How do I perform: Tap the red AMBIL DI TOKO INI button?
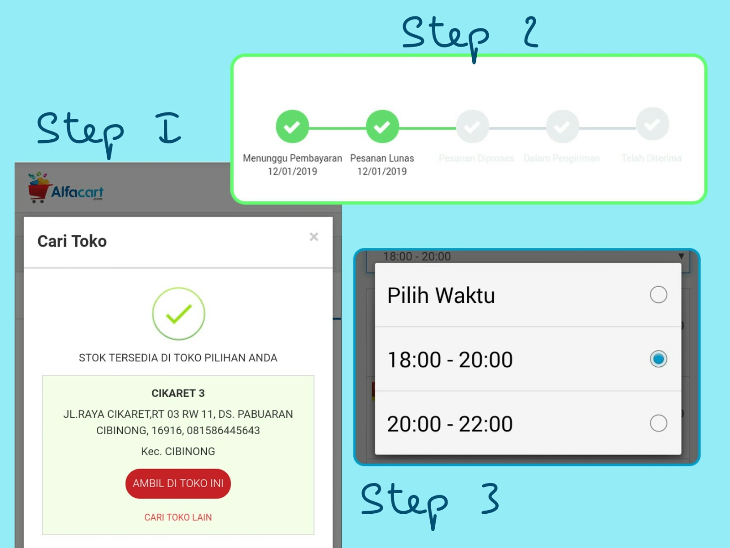tap(178, 483)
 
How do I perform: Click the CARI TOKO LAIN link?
tap(178, 517)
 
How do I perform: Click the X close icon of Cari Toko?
tap(314, 237)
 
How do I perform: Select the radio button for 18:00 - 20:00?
tap(658, 359)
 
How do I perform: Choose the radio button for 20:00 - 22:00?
tap(658, 423)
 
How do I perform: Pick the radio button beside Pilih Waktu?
tap(658, 295)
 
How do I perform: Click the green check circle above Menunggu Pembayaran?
tap(292, 126)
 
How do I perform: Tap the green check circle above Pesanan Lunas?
tap(382, 126)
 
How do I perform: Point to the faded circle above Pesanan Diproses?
tap(472, 126)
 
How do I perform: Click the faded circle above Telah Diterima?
tap(652, 124)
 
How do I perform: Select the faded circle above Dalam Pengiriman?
tap(563, 126)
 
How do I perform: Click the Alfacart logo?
tap(66, 188)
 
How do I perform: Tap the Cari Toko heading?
tap(72, 241)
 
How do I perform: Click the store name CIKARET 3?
tap(178, 393)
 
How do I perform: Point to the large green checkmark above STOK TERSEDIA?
tap(178, 314)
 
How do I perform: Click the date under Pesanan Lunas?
tap(382, 172)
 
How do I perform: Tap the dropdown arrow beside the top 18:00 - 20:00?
tap(681, 256)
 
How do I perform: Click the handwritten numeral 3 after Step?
tap(490, 499)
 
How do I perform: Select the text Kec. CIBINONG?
tap(178, 452)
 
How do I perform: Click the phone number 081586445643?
tap(223, 431)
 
